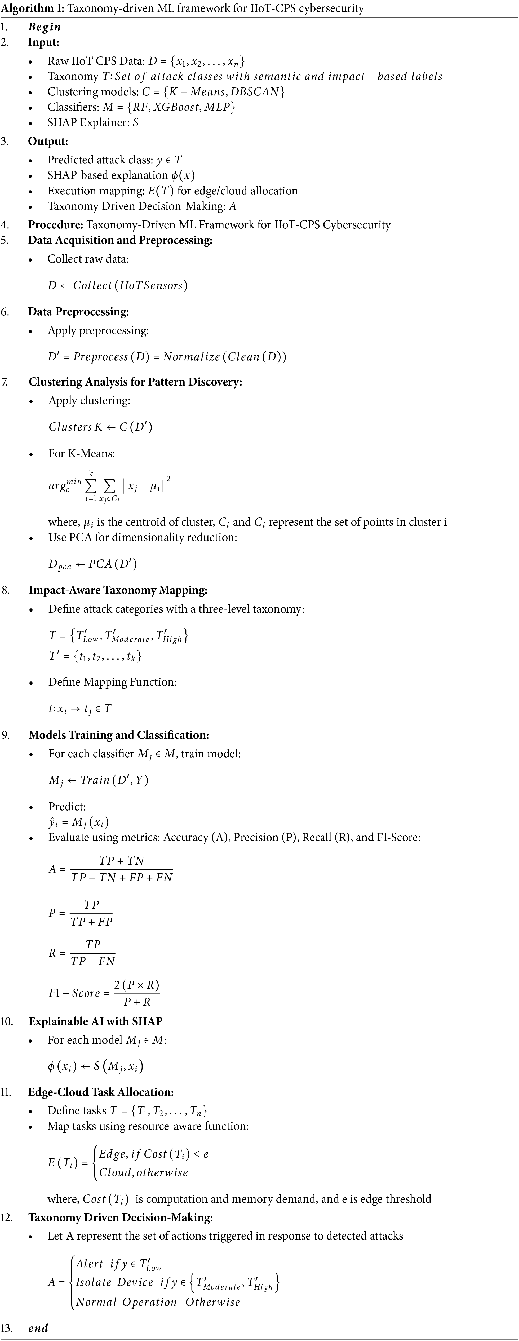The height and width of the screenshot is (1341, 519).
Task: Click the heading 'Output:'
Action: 48,141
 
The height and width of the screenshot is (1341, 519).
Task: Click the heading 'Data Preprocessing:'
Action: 78,312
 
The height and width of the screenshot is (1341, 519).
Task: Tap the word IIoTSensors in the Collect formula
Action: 151,285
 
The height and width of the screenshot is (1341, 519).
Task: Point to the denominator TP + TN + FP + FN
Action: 121,878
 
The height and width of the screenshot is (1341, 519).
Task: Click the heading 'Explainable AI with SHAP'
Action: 95,1021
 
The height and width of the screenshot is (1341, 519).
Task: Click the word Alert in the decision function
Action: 90,1263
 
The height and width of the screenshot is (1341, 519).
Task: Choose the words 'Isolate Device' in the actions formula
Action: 114,1282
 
